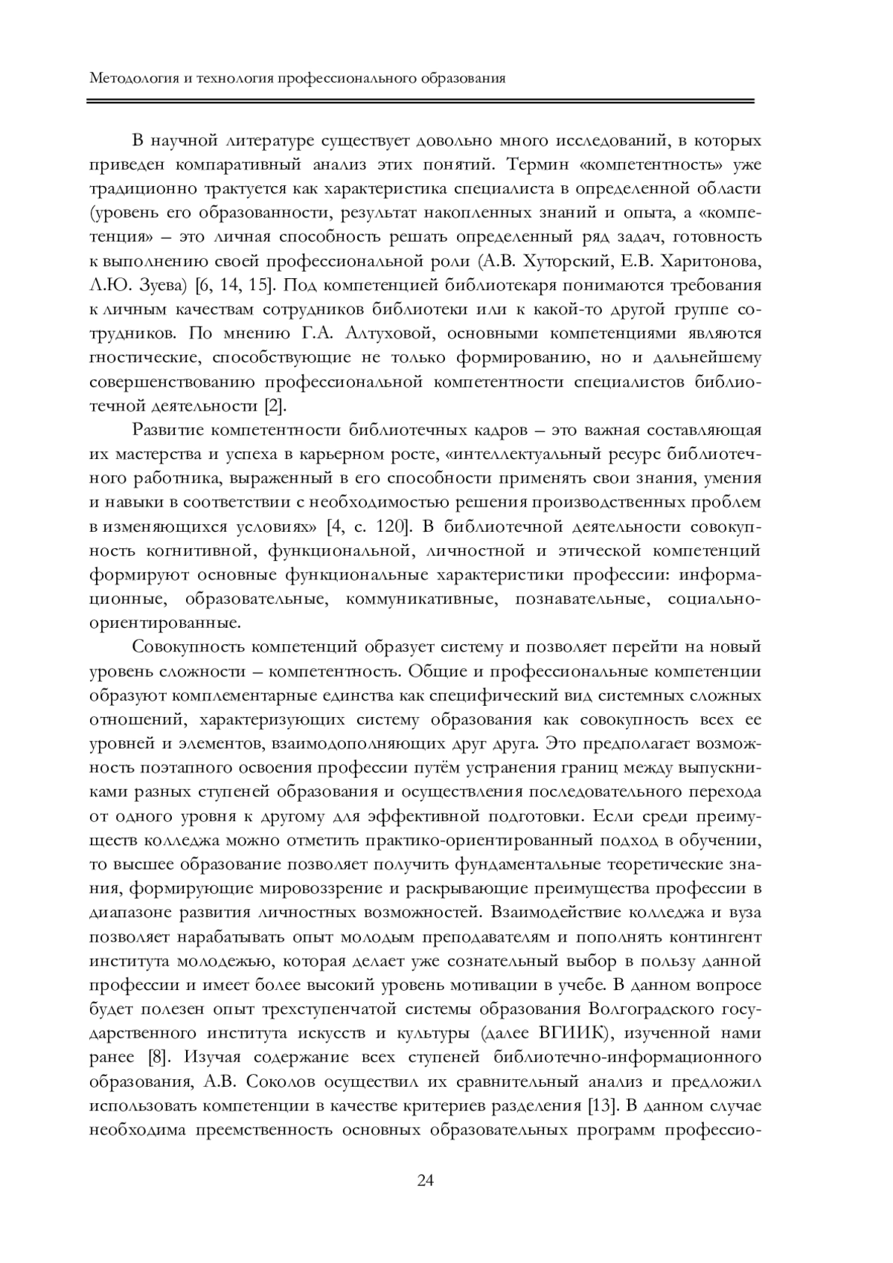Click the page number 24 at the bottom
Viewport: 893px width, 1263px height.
[x=425, y=1180]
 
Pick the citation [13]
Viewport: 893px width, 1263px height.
[x=601, y=1105]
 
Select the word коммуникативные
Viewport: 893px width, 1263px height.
[x=420, y=599]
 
